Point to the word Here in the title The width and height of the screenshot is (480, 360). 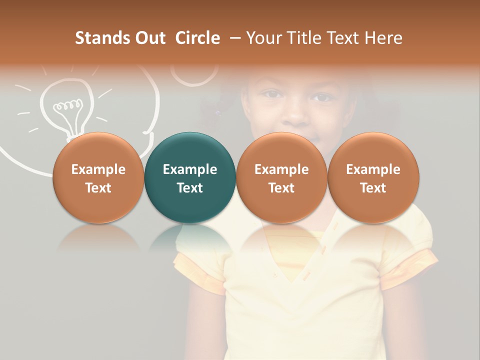tap(384, 38)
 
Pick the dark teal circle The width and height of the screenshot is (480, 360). tap(190, 177)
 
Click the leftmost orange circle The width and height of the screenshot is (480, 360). tap(98, 177)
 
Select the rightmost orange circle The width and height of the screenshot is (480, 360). tap(373, 177)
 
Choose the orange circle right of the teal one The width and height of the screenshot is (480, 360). tap(281, 177)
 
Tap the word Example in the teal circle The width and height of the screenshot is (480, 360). tap(190, 169)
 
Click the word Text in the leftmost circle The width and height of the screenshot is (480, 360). tap(98, 188)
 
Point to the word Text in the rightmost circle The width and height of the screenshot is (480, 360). tap(373, 188)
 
